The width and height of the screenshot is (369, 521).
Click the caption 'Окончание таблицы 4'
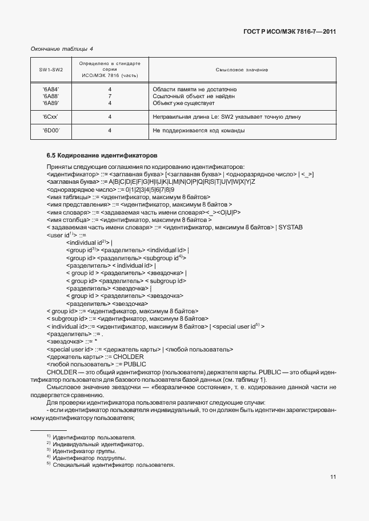point(62,49)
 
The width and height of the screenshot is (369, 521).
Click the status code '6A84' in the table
point(51,90)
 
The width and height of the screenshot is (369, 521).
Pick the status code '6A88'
point(51,96)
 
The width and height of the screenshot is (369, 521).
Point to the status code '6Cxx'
point(51,117)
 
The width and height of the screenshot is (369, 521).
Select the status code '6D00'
point(51,131)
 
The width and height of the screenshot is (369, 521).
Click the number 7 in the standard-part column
point(110,96)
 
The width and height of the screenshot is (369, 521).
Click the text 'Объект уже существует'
point(183,103)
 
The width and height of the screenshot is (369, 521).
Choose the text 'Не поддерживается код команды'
point(199,131)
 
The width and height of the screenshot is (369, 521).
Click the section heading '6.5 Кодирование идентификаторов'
point(102,155)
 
